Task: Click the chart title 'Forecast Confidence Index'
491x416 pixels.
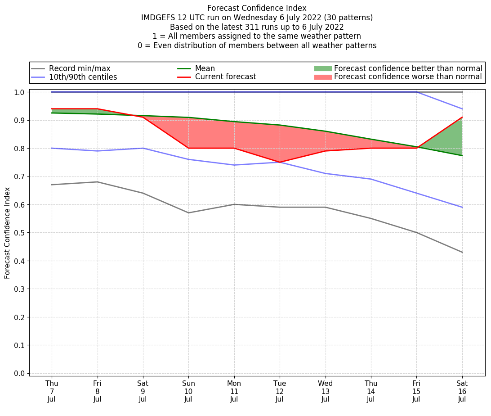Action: click(257, 8)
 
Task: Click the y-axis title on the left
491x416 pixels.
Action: click(7, 232)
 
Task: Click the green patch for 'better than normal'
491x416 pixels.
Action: click(322, 68)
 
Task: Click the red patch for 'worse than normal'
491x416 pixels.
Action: click(322, 77)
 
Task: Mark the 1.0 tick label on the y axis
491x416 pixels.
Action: click(19, 92)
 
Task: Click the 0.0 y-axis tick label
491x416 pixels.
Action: click(19, 373)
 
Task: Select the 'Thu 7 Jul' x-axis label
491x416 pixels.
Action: click(52, 391)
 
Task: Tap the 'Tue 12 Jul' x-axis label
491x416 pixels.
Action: click(280, 391)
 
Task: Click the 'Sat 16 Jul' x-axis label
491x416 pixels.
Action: click(462, 391)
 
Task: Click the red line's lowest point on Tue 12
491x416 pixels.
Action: click(280, 162)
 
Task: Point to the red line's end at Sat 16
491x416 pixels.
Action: click(462, 117)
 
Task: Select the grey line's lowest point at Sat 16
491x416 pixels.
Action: click(462, 252)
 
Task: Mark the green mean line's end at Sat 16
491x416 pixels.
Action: click(462, 155)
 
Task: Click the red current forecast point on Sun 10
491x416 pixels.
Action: click(188, 148)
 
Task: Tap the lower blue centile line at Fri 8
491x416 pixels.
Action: click(97, 151)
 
